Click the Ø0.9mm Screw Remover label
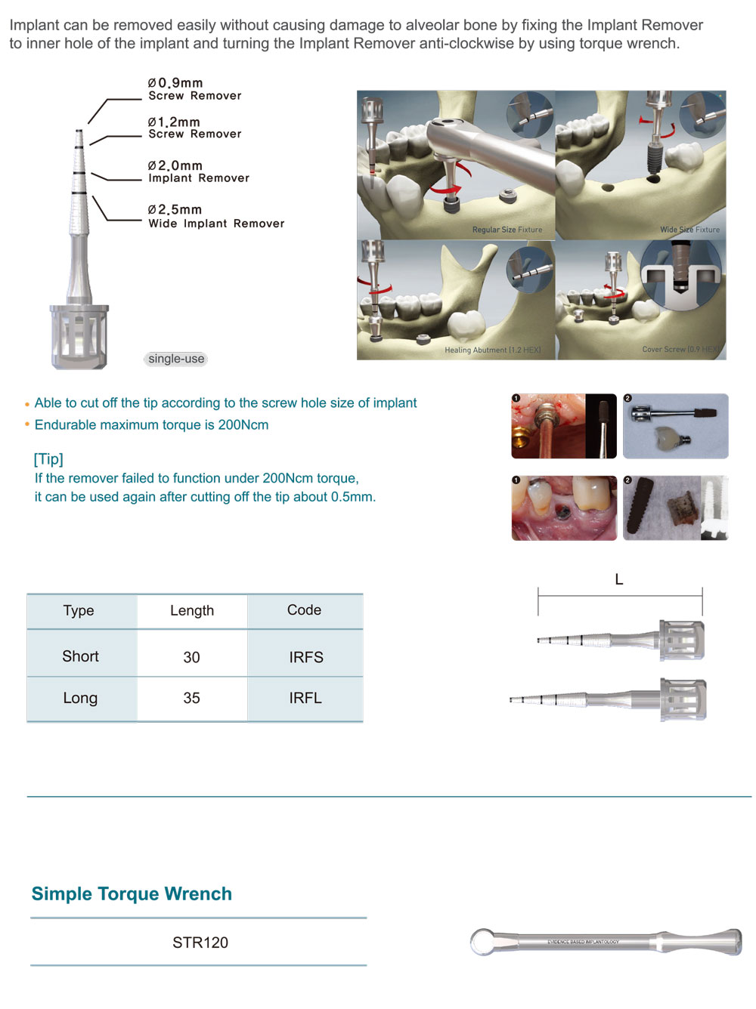[x=194, y=89]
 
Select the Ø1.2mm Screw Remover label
[x=194, y=128]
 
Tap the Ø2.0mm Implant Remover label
[x=198, y=171]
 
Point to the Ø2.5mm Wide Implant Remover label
[x=215, y=216]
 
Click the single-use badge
[x=176, y=359]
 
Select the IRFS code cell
[x=305, y=657]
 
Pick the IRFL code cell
[x=305, y=698]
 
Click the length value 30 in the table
[x=191, y=657]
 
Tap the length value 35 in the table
[x=191, y=698]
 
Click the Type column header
[x=79, y=610]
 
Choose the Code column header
[x=304, y=610]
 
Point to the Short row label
[x=80, y=656]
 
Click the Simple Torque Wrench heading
[x=132, y=893]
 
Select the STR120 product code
[x=200, y=943]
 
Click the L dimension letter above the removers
[x=619, y=579]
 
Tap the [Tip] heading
[x=48, y=459]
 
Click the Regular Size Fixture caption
[x=507, y=230]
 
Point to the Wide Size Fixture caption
[x=689, y=230]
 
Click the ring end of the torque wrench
[x=483, y=942]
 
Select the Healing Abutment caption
[x=492, y=350]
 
